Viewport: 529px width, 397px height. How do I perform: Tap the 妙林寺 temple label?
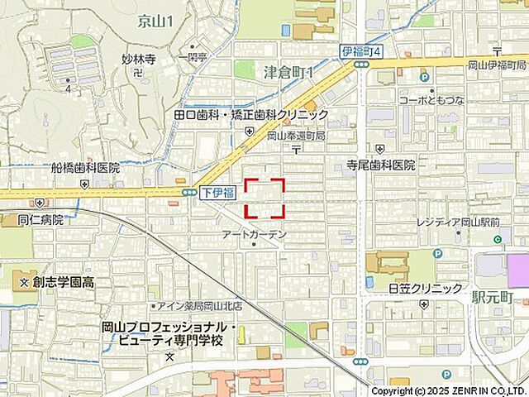pos(139,59)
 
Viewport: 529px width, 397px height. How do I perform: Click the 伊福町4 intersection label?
pos(362,52)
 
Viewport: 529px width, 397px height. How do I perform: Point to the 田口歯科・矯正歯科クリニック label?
pos(251,115)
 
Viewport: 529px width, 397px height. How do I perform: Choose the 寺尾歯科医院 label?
pos(381,165)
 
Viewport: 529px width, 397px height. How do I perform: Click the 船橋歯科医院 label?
pos(85,167)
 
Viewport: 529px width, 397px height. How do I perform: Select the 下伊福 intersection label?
pos(217,193)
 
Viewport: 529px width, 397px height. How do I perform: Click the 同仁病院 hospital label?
pos(41,220)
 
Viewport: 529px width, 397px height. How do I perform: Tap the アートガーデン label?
pos(255,235)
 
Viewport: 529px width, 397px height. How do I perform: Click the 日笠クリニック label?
pos(426,288)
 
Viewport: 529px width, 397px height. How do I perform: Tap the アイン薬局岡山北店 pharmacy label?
pos(189,305)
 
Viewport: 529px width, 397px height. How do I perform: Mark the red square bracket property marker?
pos(264,198)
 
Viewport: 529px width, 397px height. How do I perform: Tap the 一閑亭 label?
pos(197,57)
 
